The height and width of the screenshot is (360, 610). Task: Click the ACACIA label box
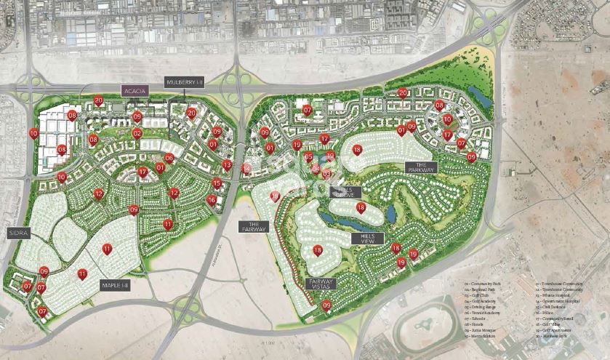coord(135,91)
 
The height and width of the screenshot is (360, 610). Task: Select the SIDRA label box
coord(19,233)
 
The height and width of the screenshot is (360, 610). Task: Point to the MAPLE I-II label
coord(115,285)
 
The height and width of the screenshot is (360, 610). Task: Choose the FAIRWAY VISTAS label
coord(321,285)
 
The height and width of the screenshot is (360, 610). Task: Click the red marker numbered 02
coord(137,132)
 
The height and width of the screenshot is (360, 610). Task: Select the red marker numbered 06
coord(169,157)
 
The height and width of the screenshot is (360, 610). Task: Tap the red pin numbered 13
coord(227,164)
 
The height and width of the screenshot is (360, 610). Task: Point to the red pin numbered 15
coord(217,183)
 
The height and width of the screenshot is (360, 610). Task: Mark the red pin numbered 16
coord(211,199)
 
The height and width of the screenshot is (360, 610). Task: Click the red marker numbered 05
coord(308,156)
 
